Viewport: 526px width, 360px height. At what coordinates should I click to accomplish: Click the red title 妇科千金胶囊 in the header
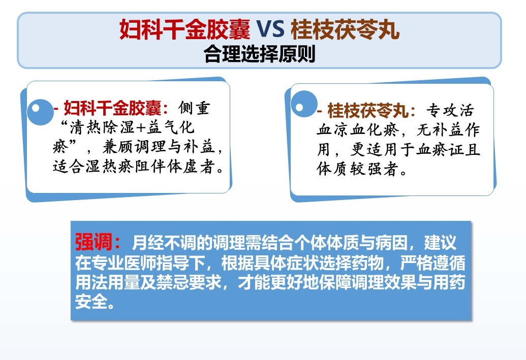point(185,29)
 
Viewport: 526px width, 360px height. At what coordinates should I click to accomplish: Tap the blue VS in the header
point(270,29)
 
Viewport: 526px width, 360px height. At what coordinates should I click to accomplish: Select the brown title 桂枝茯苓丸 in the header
point(345,29)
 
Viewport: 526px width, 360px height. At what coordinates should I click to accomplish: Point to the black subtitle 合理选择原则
point(259,54)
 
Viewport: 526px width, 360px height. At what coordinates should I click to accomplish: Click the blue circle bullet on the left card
point(40,111)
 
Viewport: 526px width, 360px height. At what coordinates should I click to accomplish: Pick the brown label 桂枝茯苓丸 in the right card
point(368,110)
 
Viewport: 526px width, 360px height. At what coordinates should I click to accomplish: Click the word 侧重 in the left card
point(194,108)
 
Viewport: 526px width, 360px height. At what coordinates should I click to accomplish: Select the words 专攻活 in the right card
point(450,110)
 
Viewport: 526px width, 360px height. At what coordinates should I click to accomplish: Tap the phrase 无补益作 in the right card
point(448,129)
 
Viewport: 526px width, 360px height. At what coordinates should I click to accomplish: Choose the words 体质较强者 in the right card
point(358,169)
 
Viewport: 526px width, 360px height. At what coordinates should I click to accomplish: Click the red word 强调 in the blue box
point(94,242)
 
